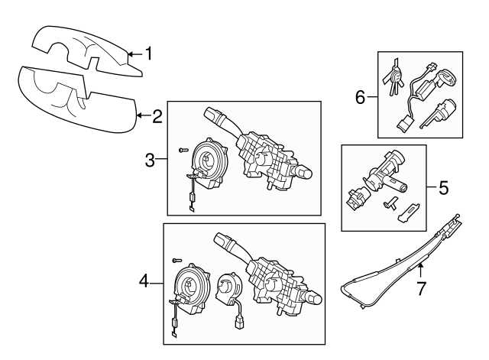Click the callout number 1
tap(149, 54)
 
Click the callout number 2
tap(157, 116)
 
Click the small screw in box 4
tap(178, 261)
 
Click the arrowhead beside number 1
tap(130, 54)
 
